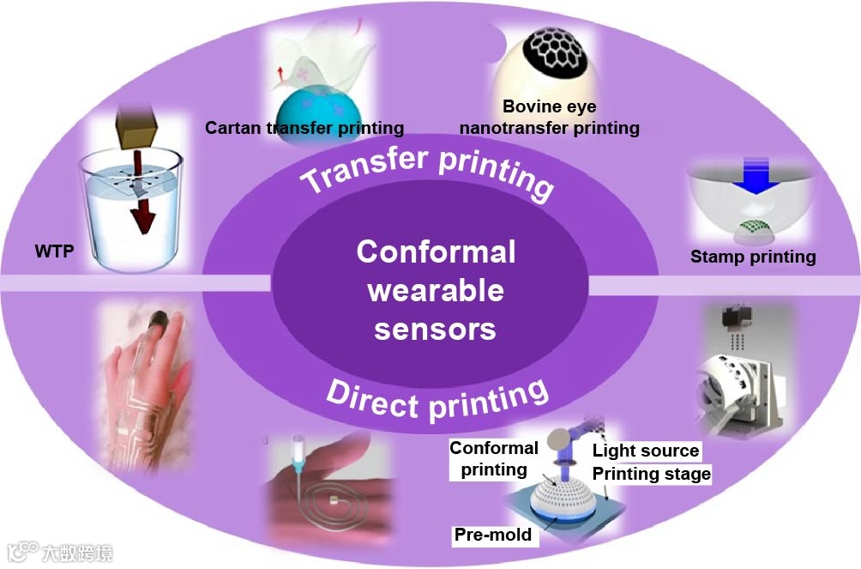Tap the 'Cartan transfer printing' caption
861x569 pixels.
point(304,128)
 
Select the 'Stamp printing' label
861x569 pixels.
point(753,256)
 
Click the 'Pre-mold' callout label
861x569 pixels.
point(493,535)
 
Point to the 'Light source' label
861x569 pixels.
point(646,451)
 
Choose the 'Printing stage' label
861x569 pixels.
point(652,474)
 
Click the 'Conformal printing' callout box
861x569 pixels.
point(494,458)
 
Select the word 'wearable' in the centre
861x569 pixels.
point(435,290)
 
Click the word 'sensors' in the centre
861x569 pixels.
point(435,328)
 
